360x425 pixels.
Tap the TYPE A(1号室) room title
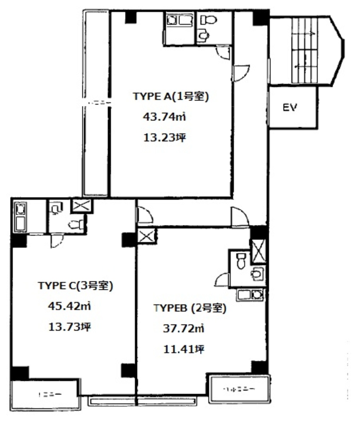pyautogui.click(x=171, y=96)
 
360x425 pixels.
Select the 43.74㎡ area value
pyautogui.click(x=164, y=117)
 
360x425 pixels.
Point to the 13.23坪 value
pyautogui.click(x=164, y=137)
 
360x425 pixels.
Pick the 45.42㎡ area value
pyautogui.click(x=69, y=306)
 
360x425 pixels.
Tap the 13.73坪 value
pyautogui.click(x=69, y=327)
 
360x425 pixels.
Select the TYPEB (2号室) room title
pyautogui.click(x=190, y=308)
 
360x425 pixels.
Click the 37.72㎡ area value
pyautogui.click(x=183, y=329)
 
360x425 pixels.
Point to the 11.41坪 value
pyautogui.click(x=183, y=350)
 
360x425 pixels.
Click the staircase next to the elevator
pyautogui.click(x=304, y=50)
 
